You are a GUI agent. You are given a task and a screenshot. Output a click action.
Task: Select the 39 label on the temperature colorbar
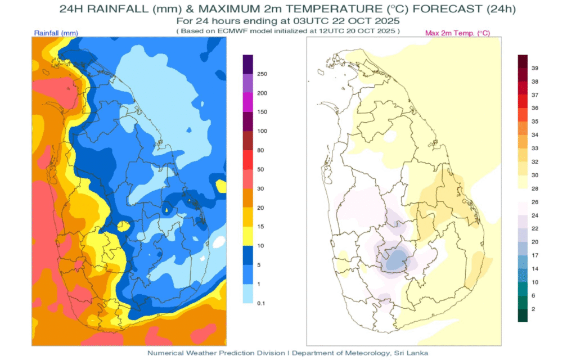[535, 68]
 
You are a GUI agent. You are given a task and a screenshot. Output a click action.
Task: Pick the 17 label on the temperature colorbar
[535, 255]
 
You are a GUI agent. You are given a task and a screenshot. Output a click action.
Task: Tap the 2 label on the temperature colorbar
[533, 309]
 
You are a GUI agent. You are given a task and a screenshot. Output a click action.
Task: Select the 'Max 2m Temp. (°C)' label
[457, 34]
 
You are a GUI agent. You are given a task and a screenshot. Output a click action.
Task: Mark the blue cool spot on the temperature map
[397, 260]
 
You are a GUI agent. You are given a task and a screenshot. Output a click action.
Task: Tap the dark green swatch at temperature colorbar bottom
[523, 316]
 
